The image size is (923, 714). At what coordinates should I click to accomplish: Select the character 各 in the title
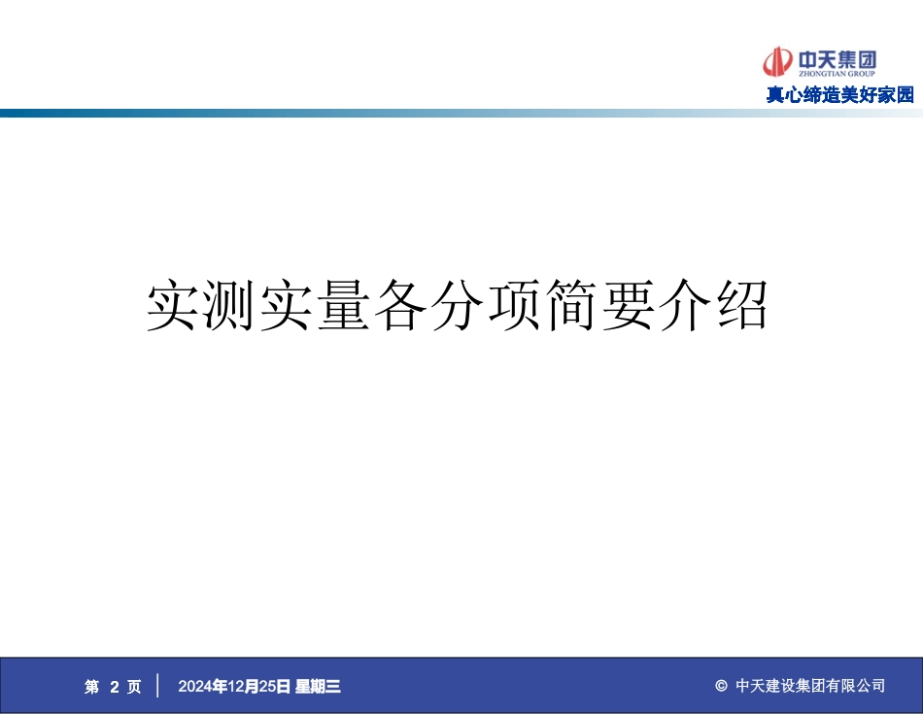400,306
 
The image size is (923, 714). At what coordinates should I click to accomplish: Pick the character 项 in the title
514,306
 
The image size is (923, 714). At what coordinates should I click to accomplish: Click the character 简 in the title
571,306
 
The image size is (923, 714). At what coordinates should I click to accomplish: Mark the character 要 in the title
628,306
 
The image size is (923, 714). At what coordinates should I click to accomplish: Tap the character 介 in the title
685,306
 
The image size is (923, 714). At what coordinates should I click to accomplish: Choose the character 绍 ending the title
741,306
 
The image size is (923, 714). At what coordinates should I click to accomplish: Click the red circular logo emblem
777,62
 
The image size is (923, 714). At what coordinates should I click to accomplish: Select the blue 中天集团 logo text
837,59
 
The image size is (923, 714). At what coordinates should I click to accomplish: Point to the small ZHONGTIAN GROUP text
837,74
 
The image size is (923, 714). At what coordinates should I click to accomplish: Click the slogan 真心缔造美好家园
840,95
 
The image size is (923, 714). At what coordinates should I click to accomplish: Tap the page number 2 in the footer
114,687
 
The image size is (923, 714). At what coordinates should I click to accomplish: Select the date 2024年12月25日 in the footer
234,687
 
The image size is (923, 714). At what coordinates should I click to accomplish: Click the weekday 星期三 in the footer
318,687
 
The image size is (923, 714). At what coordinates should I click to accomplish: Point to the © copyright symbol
721,687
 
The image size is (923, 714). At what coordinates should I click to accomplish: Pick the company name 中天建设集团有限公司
810,687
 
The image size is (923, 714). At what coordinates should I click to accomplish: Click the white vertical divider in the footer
157,686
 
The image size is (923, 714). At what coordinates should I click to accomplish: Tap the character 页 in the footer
134,687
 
